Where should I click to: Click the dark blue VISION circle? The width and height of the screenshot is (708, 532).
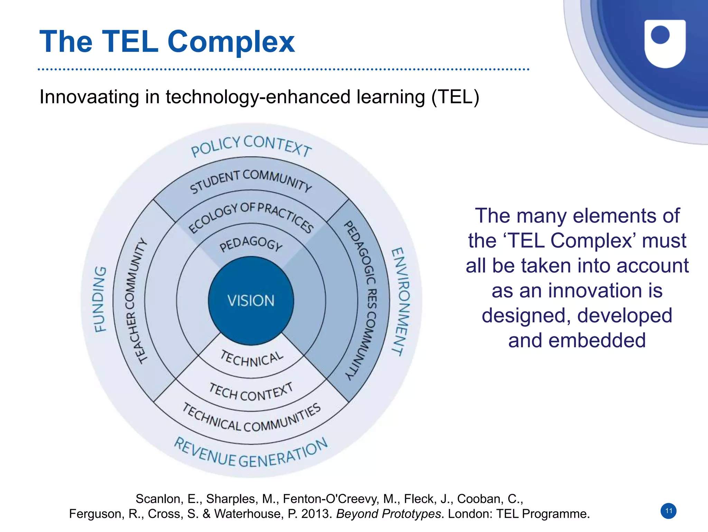tap(251, 300)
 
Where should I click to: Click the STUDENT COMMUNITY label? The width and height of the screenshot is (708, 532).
tap(251, 180)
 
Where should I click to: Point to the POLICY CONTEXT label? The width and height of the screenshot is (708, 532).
tap(251, 145)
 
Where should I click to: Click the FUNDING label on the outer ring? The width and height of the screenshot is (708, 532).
tap(100, 299)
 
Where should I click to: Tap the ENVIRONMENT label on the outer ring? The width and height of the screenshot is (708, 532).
tap(401, 301)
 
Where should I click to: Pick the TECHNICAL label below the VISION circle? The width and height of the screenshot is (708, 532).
tap(252, 359)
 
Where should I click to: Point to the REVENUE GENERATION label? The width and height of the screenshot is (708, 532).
tap(251, 455)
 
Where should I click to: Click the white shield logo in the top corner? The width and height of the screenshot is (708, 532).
tap(665, 43)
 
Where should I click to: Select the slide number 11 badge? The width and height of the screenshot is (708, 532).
tap(669, 511)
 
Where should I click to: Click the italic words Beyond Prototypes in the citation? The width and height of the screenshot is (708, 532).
tap(388, 514)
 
